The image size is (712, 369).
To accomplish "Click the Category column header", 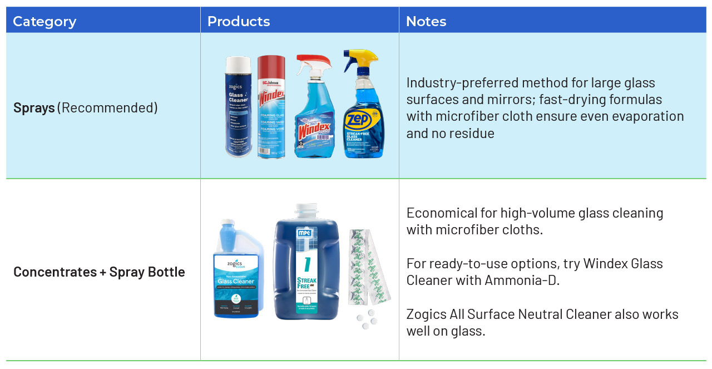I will tap(44, 22).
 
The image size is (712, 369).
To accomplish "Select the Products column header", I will tap(238, 22).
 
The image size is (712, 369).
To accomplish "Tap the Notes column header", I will tap(426, 22).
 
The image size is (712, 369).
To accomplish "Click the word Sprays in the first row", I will tap(34, 107).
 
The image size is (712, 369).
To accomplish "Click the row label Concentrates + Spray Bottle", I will tap(99, 272).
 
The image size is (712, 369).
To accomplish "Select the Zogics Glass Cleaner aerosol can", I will tap(239, 111).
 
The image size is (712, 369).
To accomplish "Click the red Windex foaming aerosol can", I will tap(271, 109).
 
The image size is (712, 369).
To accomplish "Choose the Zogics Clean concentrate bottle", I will tap(238, 273).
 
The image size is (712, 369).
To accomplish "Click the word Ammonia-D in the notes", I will tap(522, 280).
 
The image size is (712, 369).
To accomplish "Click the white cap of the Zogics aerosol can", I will tap(238, 63).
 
